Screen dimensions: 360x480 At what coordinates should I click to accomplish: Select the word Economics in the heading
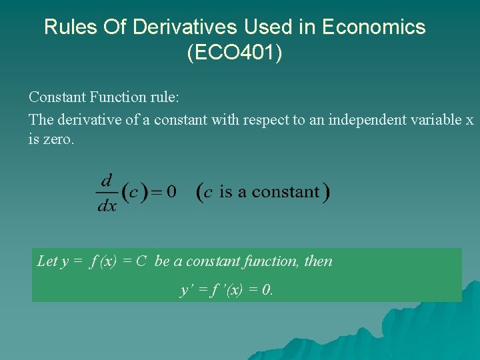373,27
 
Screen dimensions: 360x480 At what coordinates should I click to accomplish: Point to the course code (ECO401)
235,53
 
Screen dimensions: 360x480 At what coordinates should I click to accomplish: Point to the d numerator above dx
107,181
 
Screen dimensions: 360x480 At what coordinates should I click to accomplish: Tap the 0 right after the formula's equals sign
171,192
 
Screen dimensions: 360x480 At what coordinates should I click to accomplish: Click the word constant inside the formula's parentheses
286,192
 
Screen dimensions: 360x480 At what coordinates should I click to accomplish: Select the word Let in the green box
47,261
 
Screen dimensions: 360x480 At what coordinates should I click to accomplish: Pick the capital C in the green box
141,261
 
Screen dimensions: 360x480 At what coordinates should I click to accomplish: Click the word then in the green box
318,261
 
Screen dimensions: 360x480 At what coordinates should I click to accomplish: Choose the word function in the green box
271,261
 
